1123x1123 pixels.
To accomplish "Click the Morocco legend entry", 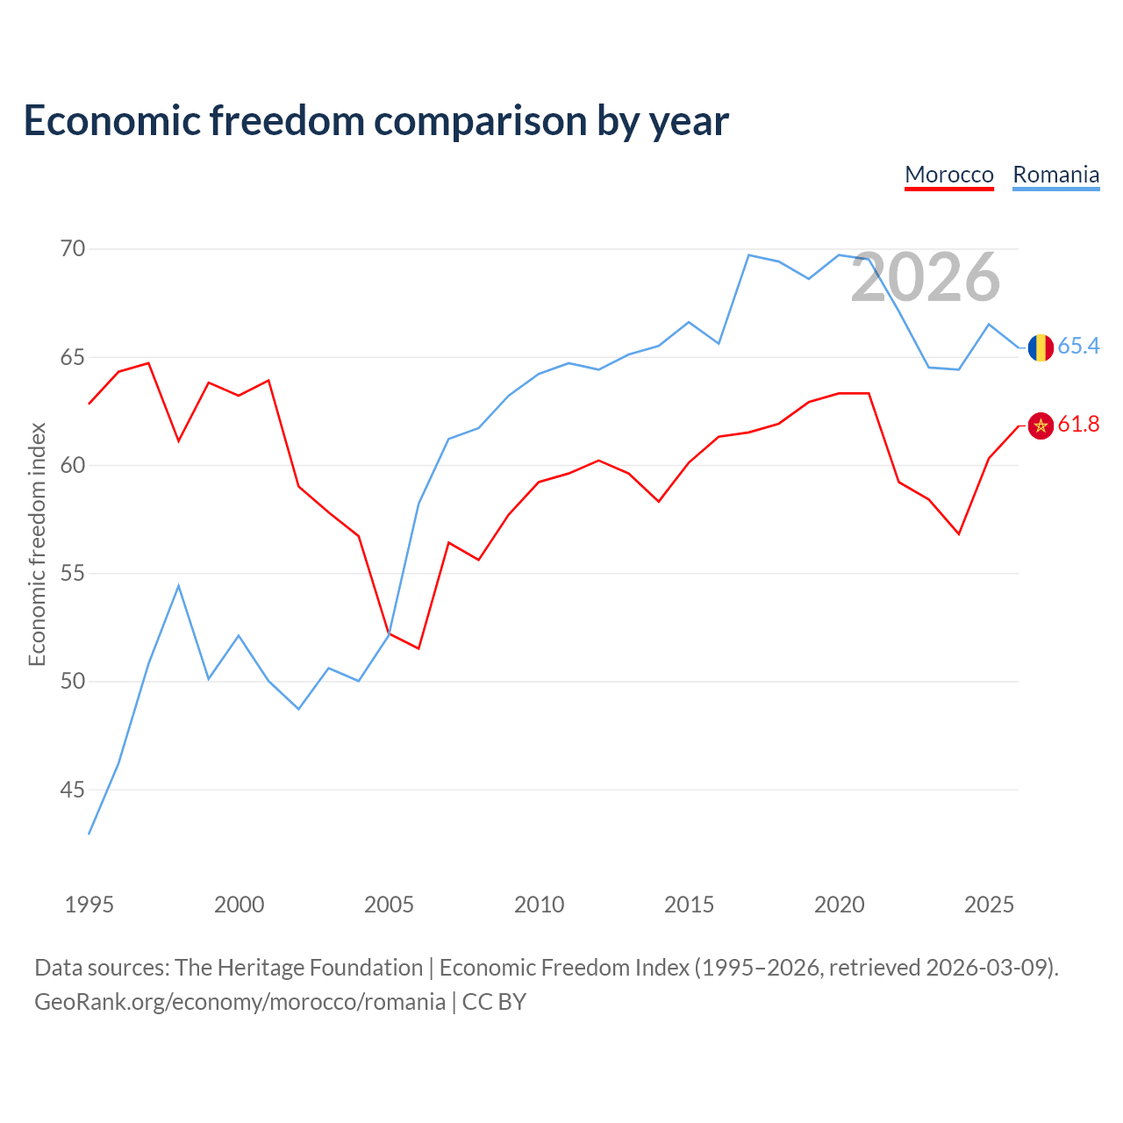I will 948,175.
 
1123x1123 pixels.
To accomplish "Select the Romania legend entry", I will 1055,175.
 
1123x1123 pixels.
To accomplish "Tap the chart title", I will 376,120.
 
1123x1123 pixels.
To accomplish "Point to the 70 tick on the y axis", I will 73,249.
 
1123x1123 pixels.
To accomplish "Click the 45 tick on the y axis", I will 73,790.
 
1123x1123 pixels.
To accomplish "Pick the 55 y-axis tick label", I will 73,574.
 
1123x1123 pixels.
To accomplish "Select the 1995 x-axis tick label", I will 89,905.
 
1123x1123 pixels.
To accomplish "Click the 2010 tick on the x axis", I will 539,905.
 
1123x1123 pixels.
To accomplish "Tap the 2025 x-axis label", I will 989,905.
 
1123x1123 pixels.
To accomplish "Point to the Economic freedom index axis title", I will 37,544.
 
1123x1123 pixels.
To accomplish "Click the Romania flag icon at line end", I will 1041,347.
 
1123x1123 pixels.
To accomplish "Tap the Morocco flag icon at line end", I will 1041,426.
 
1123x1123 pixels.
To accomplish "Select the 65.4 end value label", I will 1078,347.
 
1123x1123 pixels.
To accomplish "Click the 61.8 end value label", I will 1078,425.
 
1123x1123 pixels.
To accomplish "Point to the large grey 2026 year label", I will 926,277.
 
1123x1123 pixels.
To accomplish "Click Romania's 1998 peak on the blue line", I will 179,585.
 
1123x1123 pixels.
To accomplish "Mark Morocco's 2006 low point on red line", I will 418,648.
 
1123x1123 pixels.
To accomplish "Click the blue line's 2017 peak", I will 748,255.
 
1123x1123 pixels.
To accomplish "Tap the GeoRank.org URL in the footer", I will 240,1002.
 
